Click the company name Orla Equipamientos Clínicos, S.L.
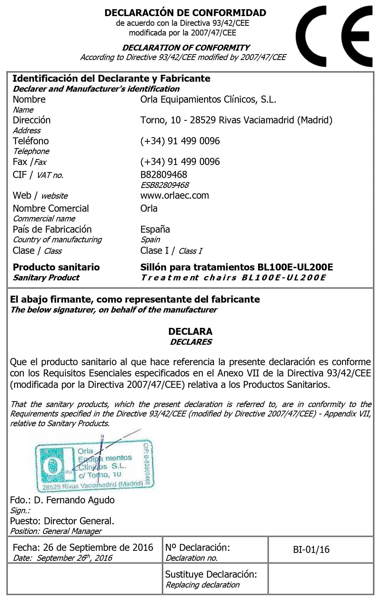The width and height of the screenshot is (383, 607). click(208, 99)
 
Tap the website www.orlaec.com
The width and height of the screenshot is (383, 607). click(175, 196)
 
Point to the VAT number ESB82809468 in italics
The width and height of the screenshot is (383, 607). click(165, 185)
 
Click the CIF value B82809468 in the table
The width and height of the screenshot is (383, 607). click(164, 175)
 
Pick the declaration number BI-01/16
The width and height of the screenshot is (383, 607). click(311, 550)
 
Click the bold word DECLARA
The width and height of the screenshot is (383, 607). click(190, 331)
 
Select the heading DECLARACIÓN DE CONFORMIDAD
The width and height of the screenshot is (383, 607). click(185, 13)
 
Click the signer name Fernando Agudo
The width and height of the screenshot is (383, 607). click(80, 500)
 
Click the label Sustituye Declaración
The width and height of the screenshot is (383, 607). click(211, 574)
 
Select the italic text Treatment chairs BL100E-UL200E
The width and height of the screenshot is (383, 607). click(233, 278)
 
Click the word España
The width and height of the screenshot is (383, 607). click(155, 229)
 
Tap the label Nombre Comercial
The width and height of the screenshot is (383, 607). click(51, 208)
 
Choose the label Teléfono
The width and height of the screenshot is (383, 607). click(31, 141)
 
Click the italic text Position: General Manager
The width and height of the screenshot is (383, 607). click(56, 531)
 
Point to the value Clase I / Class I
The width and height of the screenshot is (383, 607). click(171, 251)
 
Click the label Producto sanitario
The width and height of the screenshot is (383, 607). click(56, 267)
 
